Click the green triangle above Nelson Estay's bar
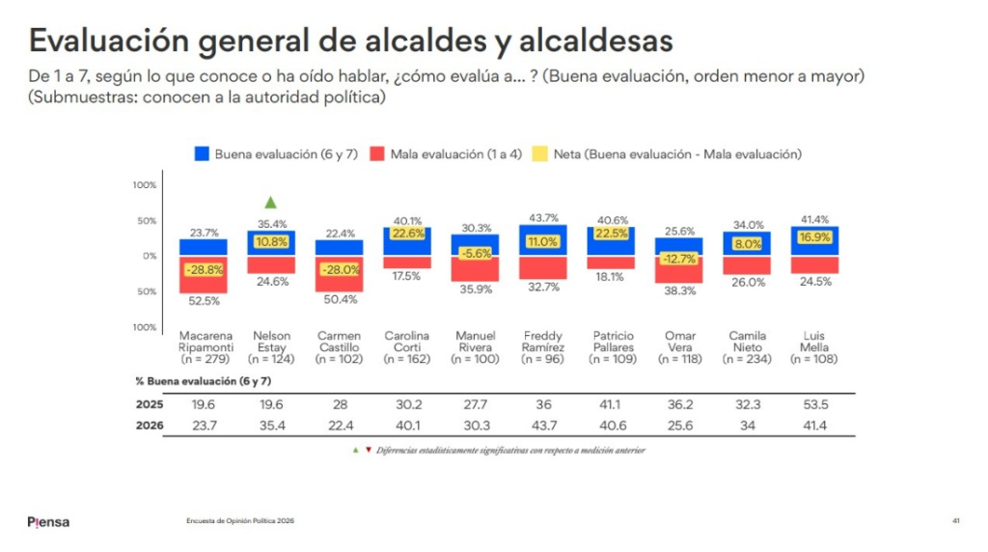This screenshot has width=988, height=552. click(x=271, y=203)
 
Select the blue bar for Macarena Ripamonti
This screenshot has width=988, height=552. click(x=204, y=248)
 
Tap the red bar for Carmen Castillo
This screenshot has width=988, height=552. click(x=339, y=273)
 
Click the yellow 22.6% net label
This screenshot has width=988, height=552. click(x=408, y=234)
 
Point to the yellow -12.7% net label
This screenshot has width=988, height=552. click(x=679, y=259)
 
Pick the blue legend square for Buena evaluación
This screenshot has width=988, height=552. click(x=202, y=153)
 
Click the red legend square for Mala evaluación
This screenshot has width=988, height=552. click(x=377, y=153)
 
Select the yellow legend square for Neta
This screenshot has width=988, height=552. click(x=539, y=153)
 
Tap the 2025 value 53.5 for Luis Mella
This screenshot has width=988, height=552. click(x=815, y=404)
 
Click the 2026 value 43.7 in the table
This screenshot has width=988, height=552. click(x=544, y=426)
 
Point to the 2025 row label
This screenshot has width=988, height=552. click(x=150, y=404)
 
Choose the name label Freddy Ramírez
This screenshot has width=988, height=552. click(x=543, y=342)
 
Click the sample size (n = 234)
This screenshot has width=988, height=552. click(x=748, y=359)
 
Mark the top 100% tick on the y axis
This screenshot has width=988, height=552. click(x=145, y=185)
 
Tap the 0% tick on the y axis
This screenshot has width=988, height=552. click(x=150, y=256)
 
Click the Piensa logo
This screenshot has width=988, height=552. click(x=48, y=522)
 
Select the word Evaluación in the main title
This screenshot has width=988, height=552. click(x=109, y=41)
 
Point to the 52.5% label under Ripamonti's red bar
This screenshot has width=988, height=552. click(x=205, y=301)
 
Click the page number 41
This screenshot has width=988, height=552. click(x=956, y=521)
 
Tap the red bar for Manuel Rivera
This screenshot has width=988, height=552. click(x=475, y=269)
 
